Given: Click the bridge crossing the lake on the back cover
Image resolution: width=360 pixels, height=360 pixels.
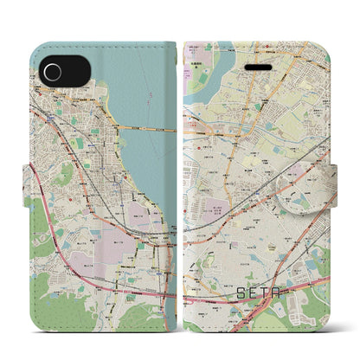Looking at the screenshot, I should point(151,128).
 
